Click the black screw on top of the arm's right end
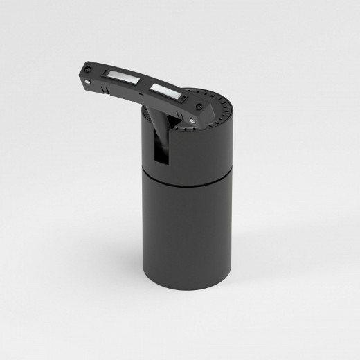point(200,106)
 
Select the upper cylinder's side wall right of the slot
point(204,149)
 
